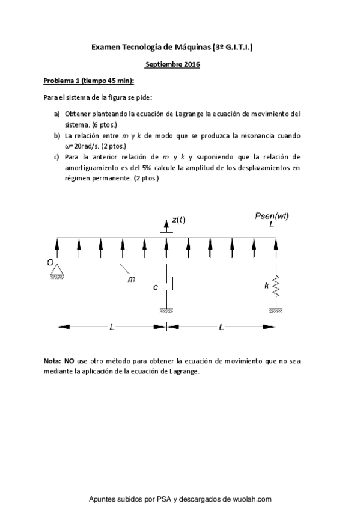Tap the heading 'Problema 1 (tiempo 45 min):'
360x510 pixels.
pyautogui.click(x=88, y=80)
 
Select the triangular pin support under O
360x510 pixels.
pyautogui.click(x=58, y=271)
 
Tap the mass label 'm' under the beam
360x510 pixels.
pyautogui.click(x=132, y=279)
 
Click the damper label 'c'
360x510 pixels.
pyautogui.click(x=155, y=287)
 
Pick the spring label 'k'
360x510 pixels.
pyautogui.click(x=267, y=286)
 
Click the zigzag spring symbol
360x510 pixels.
pyautogui.click(x=276, y=286)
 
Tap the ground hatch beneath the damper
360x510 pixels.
pyautogui.click(x=166, y=311)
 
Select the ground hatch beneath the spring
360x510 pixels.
pyautogui.click(x=276, y=311)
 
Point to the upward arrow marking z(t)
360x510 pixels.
pyautogui.click(x=166, y=226)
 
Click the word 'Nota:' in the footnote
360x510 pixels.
pyautogui.click(x=52, y=360)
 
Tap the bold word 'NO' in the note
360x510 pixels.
pyautogui.click(x=69, y=360)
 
